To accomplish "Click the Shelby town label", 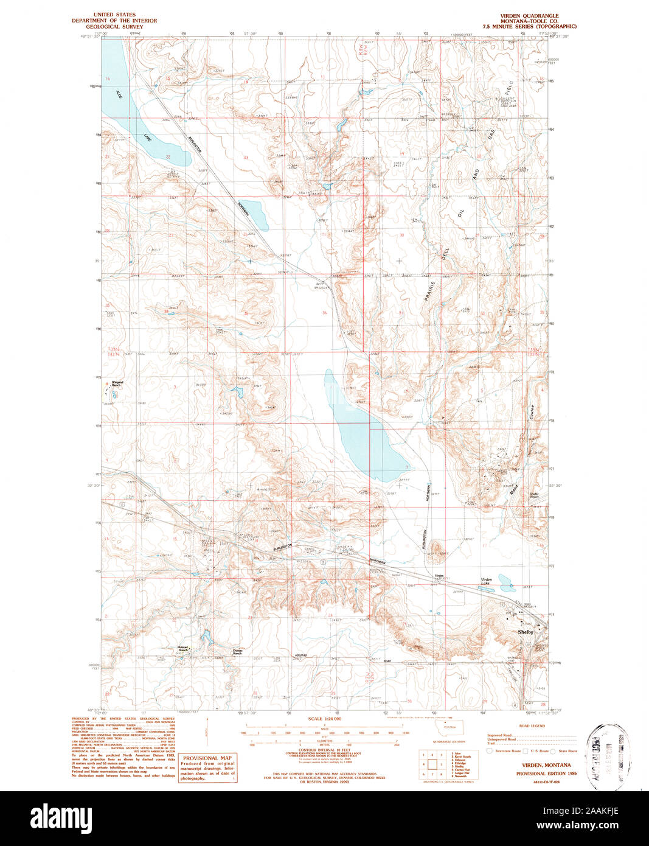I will tap(525, 632).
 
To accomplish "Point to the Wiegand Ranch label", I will tap(117, 384).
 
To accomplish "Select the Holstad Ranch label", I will tap(183, 649).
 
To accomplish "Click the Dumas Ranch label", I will tap(237, 651).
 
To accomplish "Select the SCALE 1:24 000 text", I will tap(324, 719).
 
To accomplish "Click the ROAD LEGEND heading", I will tap(532, 726).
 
